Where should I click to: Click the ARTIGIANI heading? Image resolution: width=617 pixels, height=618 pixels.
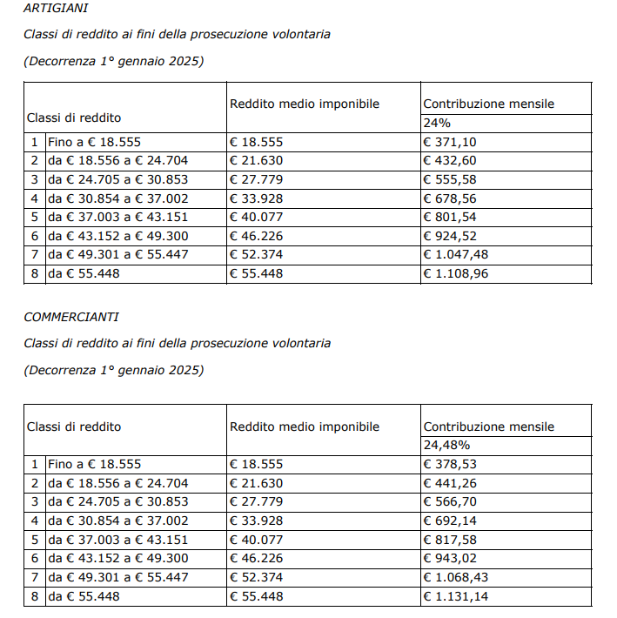(56, 8)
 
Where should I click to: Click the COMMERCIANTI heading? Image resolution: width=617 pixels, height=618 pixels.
(71, 317)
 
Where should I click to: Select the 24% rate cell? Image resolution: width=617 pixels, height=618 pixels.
(437, 123)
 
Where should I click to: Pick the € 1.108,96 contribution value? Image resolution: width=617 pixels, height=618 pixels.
(454, 273)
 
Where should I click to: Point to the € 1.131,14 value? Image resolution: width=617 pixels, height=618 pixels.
(454, 596)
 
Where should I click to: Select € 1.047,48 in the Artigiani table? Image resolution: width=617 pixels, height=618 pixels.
(454, 254)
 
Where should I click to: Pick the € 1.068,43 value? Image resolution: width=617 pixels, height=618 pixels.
(454, 577)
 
